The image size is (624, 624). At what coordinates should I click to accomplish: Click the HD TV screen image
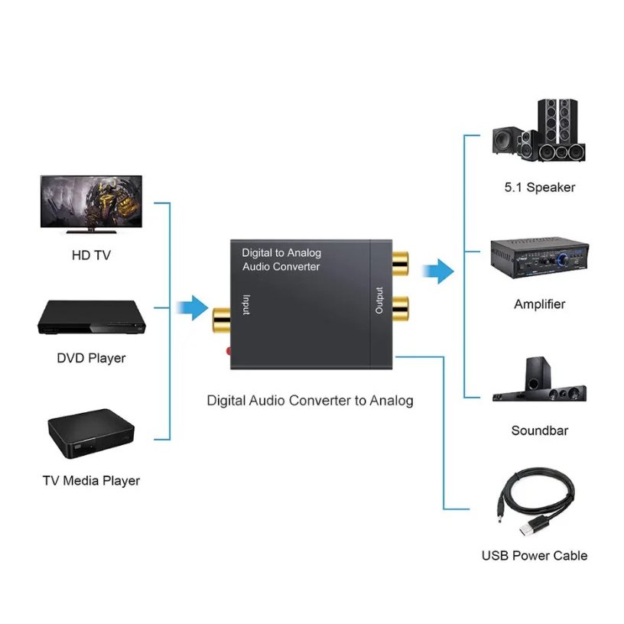pyautogui.click(x=91, y=202)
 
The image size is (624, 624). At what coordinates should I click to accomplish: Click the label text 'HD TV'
pyautogui.click(x=91, y=255)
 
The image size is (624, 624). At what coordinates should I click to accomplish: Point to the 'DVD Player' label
pyautogui.click(x=91, y=358)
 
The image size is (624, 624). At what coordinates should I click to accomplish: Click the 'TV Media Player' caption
pyautogui.click(x=91, y=481)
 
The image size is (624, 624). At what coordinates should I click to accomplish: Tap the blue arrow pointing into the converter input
pyautogui.click(x=190, y=308)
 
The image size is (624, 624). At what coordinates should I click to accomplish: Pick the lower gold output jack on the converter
pyautogui.click(x=399, y=309)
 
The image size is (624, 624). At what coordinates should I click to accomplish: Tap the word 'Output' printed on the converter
pyautogui.click(x=379, y=301)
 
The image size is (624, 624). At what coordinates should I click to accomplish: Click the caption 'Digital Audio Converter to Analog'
pyautogui.click(x=310, y=401)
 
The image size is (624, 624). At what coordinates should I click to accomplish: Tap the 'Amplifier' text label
pyautogui.click(x=539, y=304)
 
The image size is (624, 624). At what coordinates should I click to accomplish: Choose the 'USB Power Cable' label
pyautogui.click(x=535, y=556)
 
